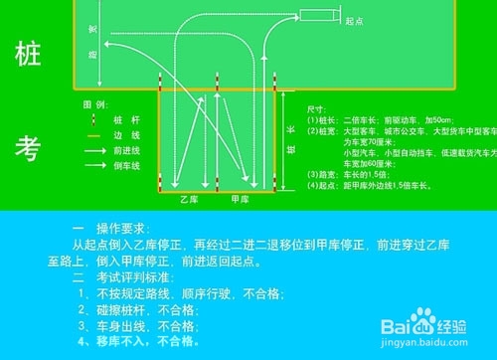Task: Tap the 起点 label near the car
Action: pos(354,17)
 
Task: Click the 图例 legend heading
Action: pos(93,103)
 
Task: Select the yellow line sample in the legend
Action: pos(95,134)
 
